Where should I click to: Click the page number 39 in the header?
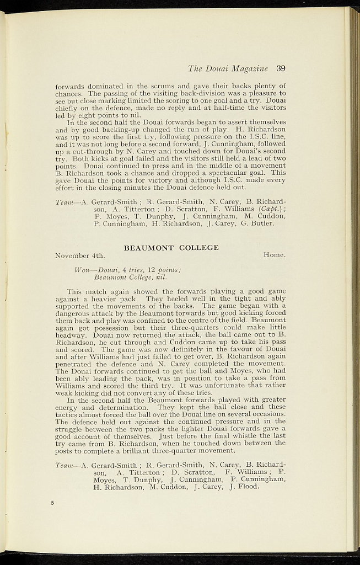click(x=280, y=69)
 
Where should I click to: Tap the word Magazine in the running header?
click(x=250, y=69)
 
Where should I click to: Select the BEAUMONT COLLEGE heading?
click(x=171, y=248)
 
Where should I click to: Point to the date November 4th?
click(x=80, y=255)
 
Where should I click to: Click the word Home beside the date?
click(x=274, y=255)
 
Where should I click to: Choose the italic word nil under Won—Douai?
click(x=161, y=278)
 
